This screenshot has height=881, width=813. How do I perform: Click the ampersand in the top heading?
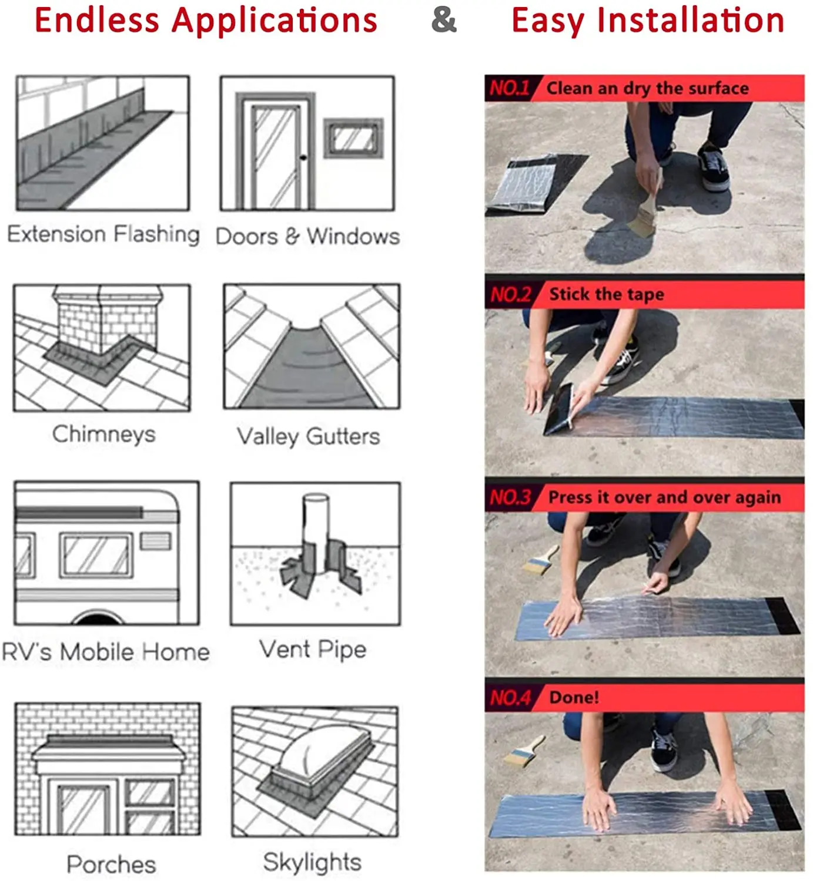pos(444,21)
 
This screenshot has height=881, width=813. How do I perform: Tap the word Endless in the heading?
pos(97,21)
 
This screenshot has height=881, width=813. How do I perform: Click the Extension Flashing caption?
pos(103,234)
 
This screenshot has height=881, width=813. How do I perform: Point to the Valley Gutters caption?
pos(309,436)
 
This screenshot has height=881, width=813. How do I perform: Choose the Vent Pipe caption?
pos(313,650)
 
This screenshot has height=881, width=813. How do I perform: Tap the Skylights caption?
pos(312,862)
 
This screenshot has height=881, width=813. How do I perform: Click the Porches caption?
pos(112,864)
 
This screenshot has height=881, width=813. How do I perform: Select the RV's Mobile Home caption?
pos(106,652)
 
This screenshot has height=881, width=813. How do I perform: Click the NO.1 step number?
pos(509,88)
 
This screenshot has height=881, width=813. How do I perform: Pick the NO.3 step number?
pos(510,497)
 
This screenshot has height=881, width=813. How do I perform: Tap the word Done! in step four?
pos(574,697)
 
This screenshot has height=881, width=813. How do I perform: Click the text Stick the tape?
pos(607,294)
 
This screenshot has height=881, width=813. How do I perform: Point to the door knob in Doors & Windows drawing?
pos(303,157)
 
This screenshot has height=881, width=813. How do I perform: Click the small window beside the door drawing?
pos(353,138)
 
